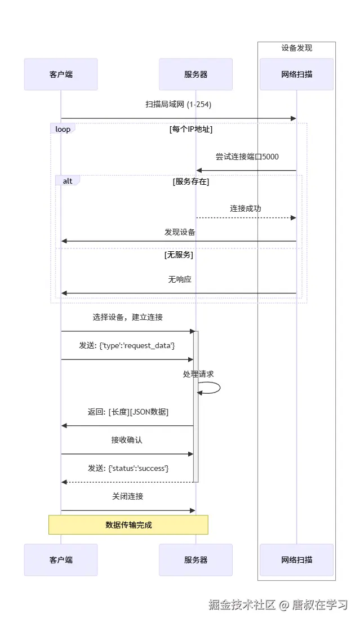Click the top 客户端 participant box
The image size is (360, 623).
point(61,74)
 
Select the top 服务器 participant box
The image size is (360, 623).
point(195,74)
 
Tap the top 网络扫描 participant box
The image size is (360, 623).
point(296,74)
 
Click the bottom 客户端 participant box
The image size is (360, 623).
point(61,559)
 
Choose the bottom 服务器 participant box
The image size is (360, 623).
point(195,559)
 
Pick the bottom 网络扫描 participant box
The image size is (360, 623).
point(296,559)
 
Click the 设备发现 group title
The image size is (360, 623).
point(296,48)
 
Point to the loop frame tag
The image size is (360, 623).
point(63,129)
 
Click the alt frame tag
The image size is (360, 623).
point(67,181)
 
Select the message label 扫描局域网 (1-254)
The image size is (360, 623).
point(178,104)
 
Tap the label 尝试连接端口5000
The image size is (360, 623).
point(247,156)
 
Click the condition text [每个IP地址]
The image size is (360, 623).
point(191,129)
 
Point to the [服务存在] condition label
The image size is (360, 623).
point(191,181)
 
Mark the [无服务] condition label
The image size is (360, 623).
point(179,255)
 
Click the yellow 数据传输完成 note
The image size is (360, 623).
point(128,524)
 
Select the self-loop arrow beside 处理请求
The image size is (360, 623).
point(211,388)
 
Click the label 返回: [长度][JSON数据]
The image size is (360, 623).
point(128,412)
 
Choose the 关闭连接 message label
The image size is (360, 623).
point(128,496)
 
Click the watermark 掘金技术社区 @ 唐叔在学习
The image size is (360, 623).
point(278,604)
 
